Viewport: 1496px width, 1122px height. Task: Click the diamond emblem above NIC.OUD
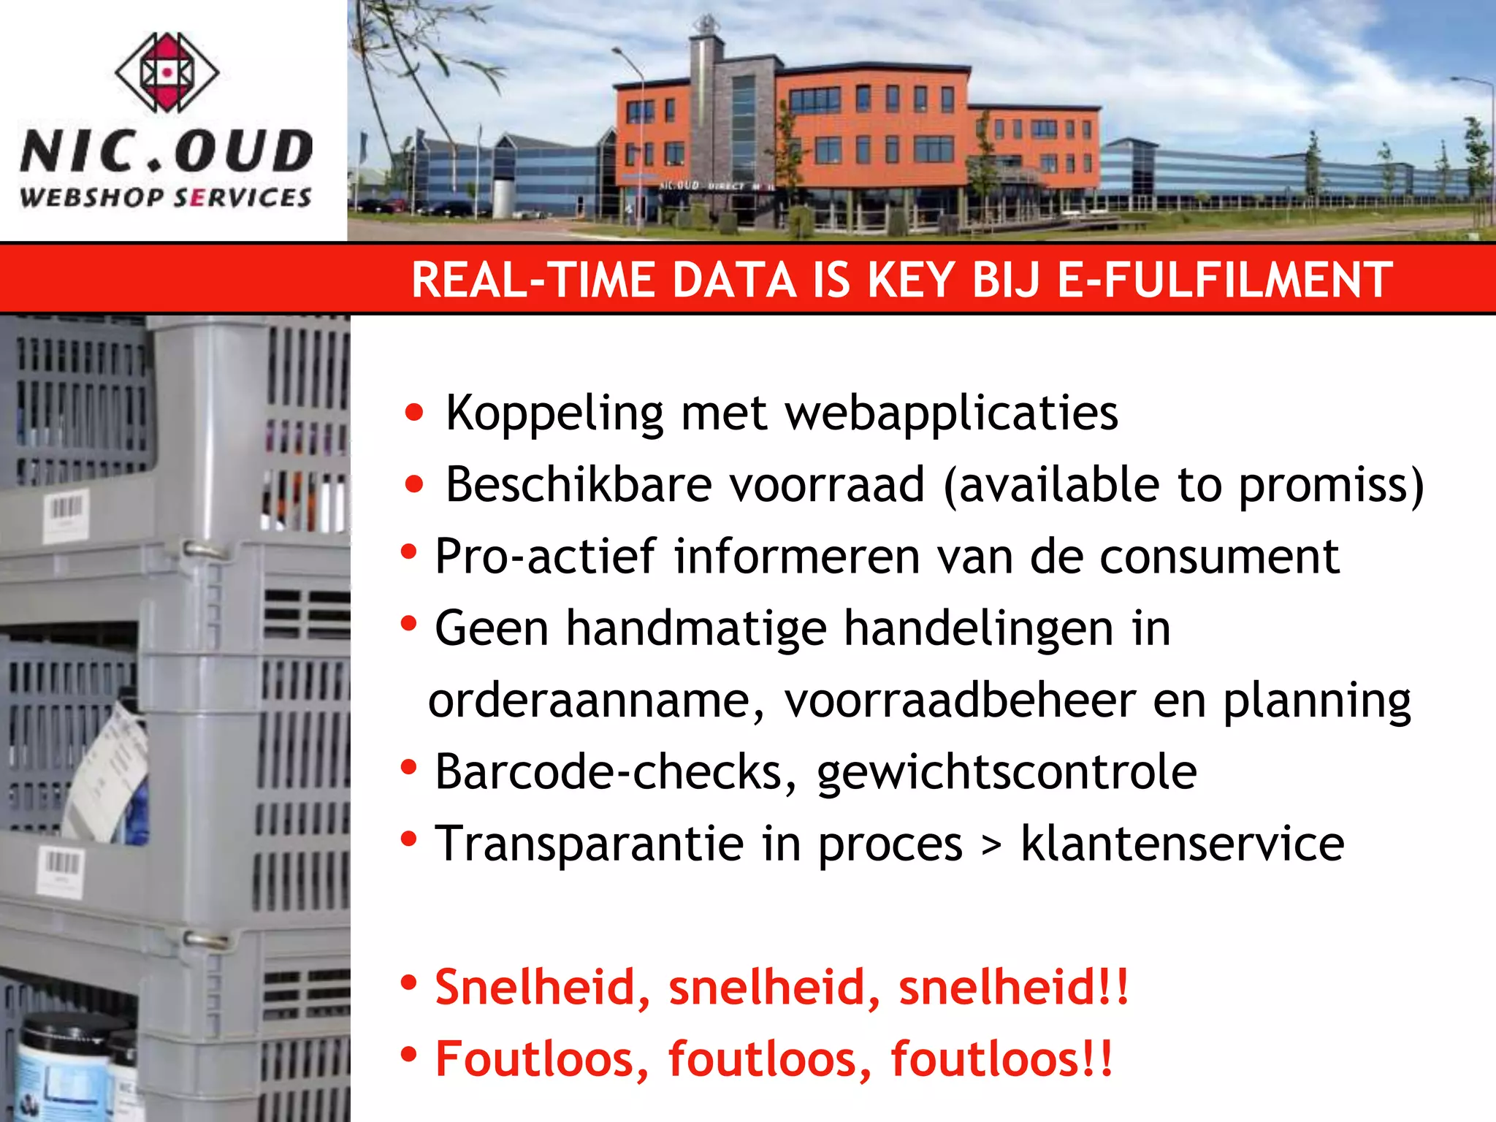click(x=167, y=72)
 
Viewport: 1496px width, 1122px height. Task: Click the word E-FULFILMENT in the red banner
click(x=1225, y=280)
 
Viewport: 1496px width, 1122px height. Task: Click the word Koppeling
click(x=554, y=414)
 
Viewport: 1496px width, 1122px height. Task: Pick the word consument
click(x=1219, y=557)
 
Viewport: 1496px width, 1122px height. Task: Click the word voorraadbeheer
click(x=960, y=701)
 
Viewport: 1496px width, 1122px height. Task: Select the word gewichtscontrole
click(x=1007, y=773)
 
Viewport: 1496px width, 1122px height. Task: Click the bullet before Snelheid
click(x=409, y=983)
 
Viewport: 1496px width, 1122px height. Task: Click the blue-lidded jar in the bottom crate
click(x=62, y=1066)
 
